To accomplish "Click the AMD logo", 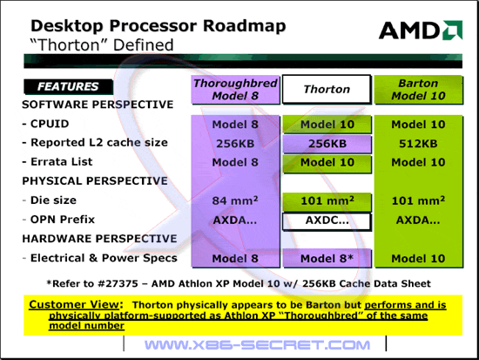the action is [x=421, y=30].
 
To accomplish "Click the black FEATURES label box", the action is [x=68, y=86].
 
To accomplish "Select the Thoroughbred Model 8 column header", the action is [x=235, y=89].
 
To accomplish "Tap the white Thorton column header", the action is [x=327, y=89].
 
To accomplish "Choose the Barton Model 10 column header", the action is [x=419, y=89].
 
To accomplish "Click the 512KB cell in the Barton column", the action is [x=418, y=144].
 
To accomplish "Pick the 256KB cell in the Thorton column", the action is [x=327, y=144].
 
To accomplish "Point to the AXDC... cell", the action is [x=327, y=221].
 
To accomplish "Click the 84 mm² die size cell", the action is [x=235, y=200].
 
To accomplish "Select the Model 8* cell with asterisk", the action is [x=327, y=259].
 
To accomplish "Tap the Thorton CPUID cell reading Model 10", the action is [x=327, y=125].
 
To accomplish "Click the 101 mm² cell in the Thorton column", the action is [x=327, y=201].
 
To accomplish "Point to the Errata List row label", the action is [x=57, y=162].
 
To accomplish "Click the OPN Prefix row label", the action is [x=58, y=220].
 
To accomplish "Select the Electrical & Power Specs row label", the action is [x=100, y=258].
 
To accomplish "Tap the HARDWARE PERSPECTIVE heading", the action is [x=99, y=239].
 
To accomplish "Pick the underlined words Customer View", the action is [x=74, y=304].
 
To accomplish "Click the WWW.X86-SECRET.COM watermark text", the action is [x=257, y=345].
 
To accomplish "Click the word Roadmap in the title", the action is [x=245, y=26].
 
